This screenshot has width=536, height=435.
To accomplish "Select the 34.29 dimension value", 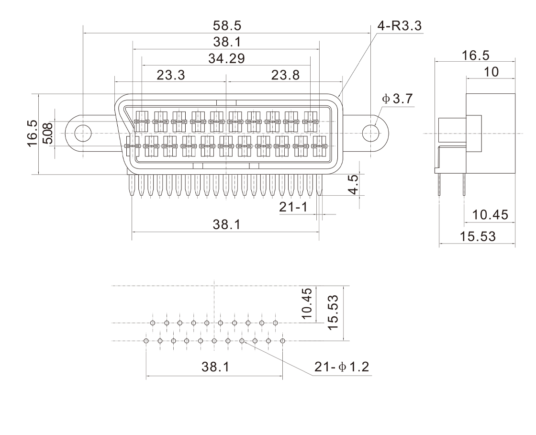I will coord(226,58).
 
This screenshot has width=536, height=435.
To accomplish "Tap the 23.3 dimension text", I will coord(171,75).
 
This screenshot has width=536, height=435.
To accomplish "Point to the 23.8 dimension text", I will coord(285,75).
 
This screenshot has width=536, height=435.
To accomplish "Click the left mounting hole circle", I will coord(83,132).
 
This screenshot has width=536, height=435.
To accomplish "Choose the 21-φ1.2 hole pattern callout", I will coord(342,367).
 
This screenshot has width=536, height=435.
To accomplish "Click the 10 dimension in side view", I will coord(491,72).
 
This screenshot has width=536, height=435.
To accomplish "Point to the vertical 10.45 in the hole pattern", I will coord(307,303).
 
